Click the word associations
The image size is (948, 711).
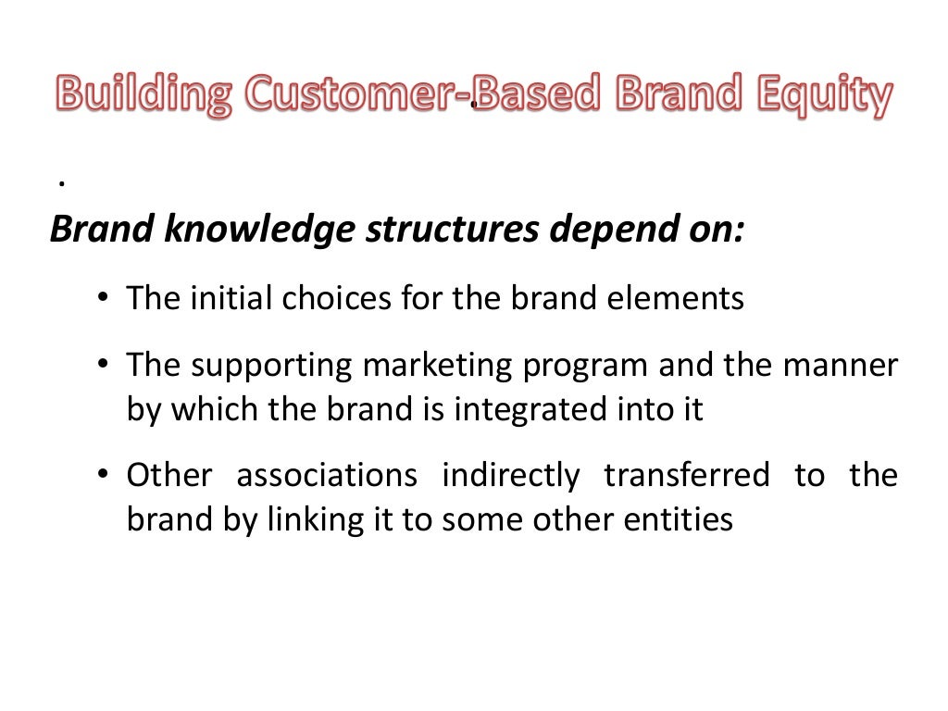pos(326,476)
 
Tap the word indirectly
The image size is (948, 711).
pos(510,476)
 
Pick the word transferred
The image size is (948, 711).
pos(686,476)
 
